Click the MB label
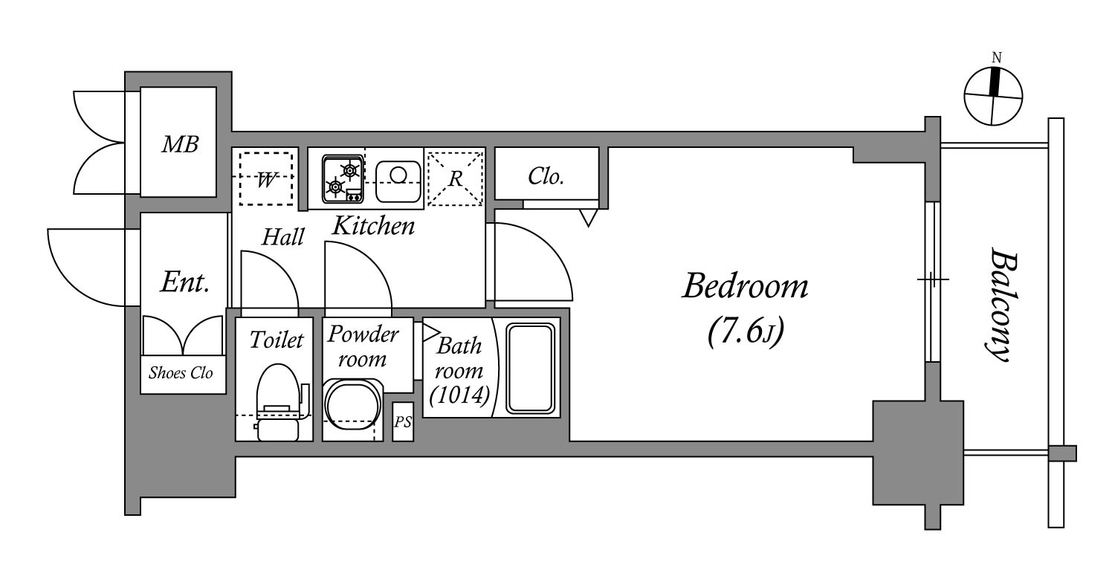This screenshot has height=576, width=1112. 180,144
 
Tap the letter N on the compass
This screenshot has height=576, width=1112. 996,58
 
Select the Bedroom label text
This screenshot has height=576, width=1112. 745,286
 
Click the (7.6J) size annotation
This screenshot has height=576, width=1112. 745,331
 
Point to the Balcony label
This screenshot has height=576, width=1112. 1001,305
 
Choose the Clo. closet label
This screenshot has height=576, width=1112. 546,176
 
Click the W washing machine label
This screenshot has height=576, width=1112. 265,180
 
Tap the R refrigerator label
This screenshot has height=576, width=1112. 455,178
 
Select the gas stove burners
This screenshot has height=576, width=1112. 343,179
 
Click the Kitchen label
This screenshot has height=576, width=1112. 373,226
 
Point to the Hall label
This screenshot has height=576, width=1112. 282,237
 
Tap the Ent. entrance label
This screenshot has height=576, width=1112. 184,282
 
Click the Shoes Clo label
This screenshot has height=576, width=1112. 181,373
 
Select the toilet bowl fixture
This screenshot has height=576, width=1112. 279,402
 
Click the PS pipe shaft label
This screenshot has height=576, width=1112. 403,421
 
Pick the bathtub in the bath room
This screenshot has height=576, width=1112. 530,368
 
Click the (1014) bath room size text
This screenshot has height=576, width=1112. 459,395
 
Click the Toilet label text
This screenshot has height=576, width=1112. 276,340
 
